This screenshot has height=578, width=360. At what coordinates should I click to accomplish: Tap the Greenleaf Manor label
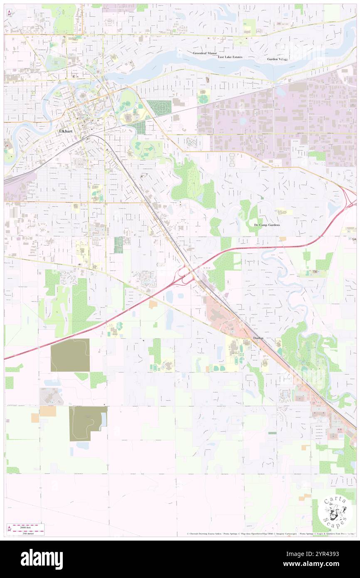click(x=205, y=54)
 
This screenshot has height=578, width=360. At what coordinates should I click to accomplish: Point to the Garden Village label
click(x=277, y=59)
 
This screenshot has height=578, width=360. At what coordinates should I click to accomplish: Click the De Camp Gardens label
click(x=267, y=225)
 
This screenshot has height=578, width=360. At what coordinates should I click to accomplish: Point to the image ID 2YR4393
click(x=326, y=554)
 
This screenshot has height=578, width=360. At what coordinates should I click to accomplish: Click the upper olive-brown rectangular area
click(x=70, y=355)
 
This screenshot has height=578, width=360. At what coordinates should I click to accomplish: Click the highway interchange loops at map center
click(x=185, y=274)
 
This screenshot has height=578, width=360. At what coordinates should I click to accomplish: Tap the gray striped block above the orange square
click(x=52, y=396)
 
